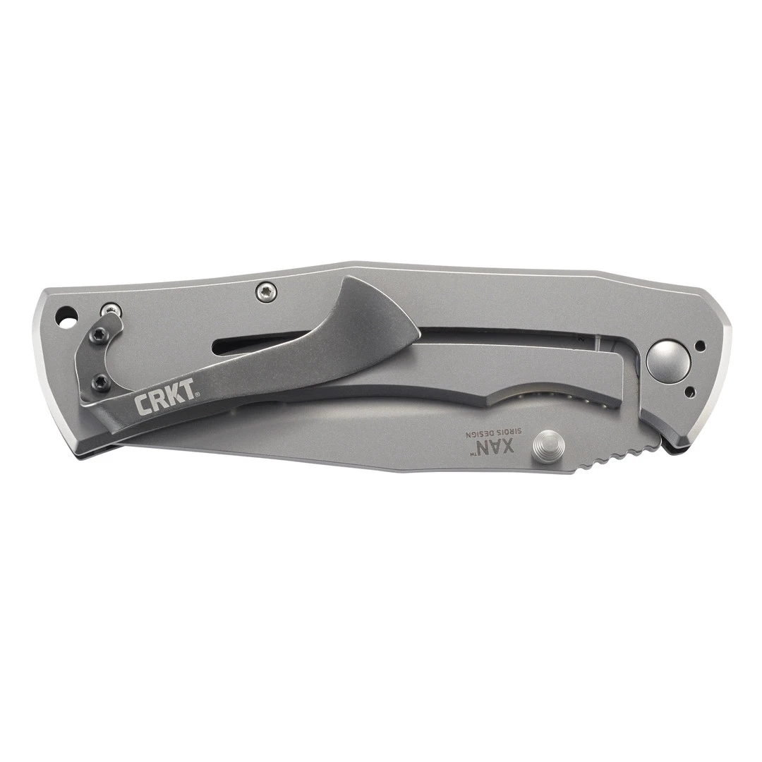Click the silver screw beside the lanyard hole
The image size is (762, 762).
click(111, 308)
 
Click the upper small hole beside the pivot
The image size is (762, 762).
click(700, 346)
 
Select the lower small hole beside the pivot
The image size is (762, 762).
click(690, 390)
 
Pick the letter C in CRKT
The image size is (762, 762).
click(141, 406)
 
